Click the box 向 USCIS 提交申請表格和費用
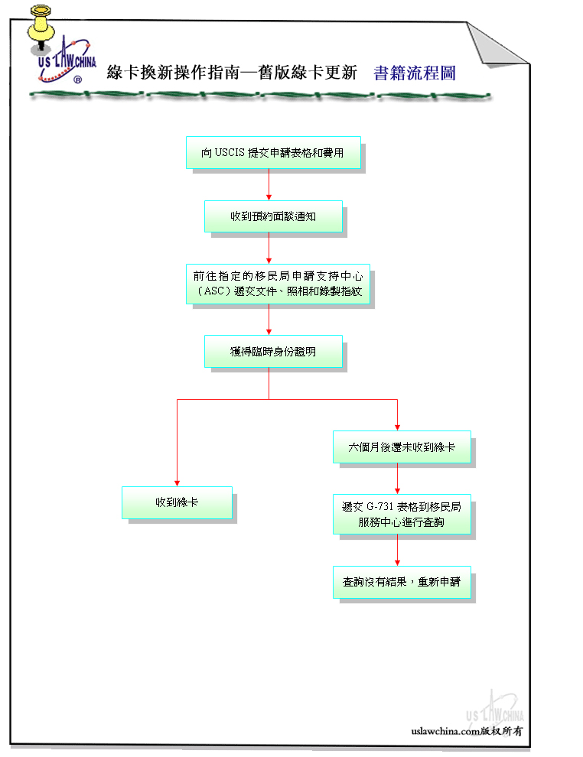[x=273, y=153]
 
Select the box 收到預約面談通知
[x=273, y=216]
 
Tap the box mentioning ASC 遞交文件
[x=278, y=284]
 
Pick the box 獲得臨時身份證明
[x=273, y=352]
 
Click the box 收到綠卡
[x=177, y=502]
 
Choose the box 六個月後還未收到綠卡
[x=402, y=447]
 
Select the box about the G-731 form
[x=402, y=514]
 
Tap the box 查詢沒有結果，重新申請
[x=402, y=582]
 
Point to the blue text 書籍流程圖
[x=415, y=73]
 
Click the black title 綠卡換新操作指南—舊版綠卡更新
[x=232, y=73]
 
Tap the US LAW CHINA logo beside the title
[x=67, y=60]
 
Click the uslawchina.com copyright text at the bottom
[x=467, y=731]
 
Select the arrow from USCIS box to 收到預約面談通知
[x=269, y=184]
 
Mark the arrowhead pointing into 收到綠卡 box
[x=178, y=483]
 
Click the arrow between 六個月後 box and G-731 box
[x=398, y=479]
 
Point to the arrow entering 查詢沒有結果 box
[x=398, y=551]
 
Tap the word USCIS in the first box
[x=230, y=153]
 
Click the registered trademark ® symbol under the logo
[x=78, y=80]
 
